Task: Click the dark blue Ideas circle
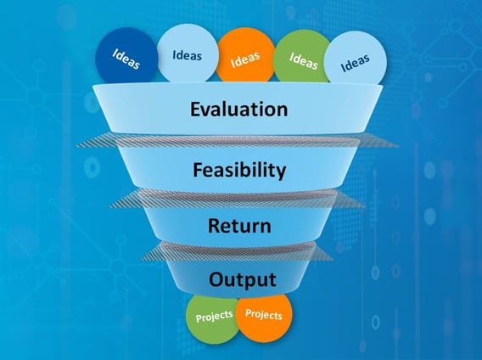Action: (126, 56)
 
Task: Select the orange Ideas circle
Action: (245, 55)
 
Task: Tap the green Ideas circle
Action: (302, 56)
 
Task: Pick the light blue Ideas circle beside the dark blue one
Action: (188, 53)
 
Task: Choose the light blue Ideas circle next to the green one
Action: (356, 58)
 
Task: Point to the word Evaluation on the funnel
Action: (238, 109)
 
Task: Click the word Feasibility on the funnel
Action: (239, 170)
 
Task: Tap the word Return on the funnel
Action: (239, 226)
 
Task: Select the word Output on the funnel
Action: (242, 279)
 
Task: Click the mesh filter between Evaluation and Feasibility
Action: (237, 140)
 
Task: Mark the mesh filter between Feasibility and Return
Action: (238, 198)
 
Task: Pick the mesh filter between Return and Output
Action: (237, 250)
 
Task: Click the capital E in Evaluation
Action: (195, 109)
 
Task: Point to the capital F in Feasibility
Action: (198, 169)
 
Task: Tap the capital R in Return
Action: (214, 226)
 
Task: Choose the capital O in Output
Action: (216, 279)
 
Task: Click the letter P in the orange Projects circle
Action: (248, 312)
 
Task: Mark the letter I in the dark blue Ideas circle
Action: (115, 52)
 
